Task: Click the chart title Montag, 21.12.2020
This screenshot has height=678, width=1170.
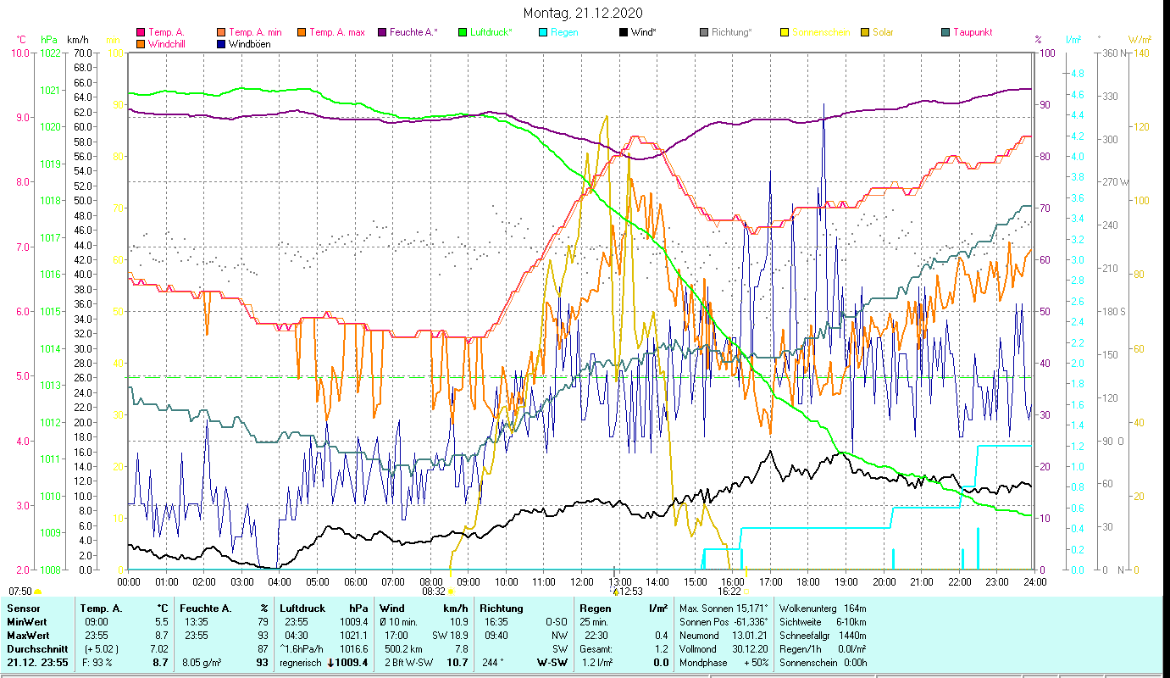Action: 583,13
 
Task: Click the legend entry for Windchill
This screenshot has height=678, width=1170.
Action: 167,44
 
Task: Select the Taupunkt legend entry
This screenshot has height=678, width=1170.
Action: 972,32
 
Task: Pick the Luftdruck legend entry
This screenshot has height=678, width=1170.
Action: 491,32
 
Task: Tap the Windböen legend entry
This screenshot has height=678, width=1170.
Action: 250,44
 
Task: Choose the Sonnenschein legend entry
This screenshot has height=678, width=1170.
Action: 820,32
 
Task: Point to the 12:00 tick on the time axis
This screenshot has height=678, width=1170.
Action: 582,582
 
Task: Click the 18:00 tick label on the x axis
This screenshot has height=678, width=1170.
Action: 808,582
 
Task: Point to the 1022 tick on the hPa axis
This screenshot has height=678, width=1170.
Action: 50,53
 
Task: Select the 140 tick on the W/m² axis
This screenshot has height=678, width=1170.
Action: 1141,53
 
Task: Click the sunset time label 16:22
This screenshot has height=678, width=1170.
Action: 729,592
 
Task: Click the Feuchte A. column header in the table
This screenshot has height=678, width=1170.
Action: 202,609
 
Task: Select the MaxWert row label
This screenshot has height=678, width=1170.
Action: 27,635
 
